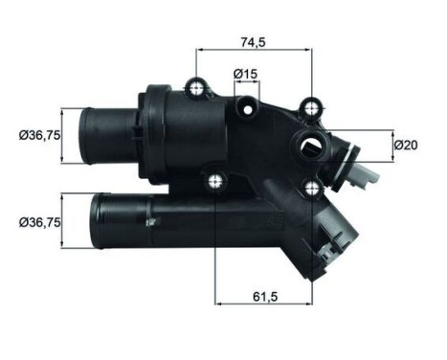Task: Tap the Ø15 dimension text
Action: point(245,74)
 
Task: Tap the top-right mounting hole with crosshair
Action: point(311,108)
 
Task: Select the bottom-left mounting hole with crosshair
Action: point(216,178)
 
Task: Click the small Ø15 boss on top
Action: point(245,99)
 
